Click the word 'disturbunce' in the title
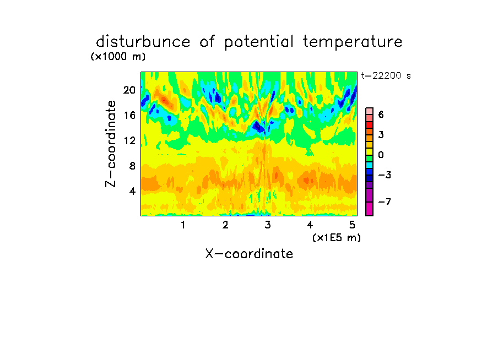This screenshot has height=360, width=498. pos(143,42)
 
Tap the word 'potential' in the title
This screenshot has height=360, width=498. pos(259,42)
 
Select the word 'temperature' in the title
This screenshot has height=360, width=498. pos(353,42)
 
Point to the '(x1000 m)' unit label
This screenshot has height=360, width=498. pos(118,57)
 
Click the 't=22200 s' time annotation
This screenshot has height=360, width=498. pos(386,76)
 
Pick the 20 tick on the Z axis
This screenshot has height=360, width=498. pos(129,90)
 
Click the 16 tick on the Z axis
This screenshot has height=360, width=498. pos(129,115)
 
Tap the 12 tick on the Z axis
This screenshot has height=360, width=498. pos(129,140)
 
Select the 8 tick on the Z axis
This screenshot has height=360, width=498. pos(132,166)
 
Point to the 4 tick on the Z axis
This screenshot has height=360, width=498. pos(132,191)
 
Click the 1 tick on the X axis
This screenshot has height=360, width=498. pos(183,225)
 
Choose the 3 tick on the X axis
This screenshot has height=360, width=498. pos(268,225)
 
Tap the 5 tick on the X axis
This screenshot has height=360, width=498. pos(352,225)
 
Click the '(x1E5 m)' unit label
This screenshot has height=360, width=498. pos(337,238)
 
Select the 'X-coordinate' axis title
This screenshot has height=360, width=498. pos(249,254)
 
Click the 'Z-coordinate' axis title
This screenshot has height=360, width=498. pos(111,144)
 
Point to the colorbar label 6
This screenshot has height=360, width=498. pos(381,114)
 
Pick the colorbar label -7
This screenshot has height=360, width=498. pos(385,201)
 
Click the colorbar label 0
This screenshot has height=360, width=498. pos(381,155)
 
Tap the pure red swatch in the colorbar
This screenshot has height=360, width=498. pos(370,125)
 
